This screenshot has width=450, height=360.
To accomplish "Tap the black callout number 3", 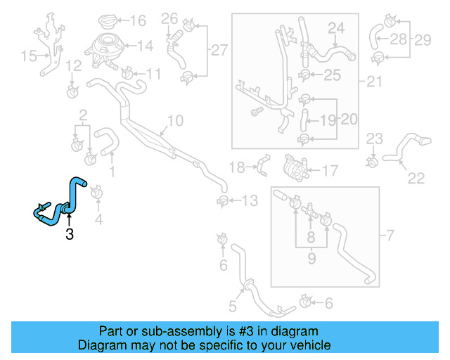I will [69, 235].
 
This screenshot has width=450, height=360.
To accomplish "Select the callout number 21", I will [373, 82].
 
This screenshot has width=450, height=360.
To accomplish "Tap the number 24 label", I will [336, 28].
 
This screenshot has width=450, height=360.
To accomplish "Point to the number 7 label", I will [391, 233].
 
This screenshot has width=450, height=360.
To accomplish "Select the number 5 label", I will [233, 305].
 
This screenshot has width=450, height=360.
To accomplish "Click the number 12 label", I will [73, 66].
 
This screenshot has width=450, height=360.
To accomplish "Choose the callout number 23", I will [374, 137].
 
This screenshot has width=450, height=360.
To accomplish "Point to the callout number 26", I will [169, 18].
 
